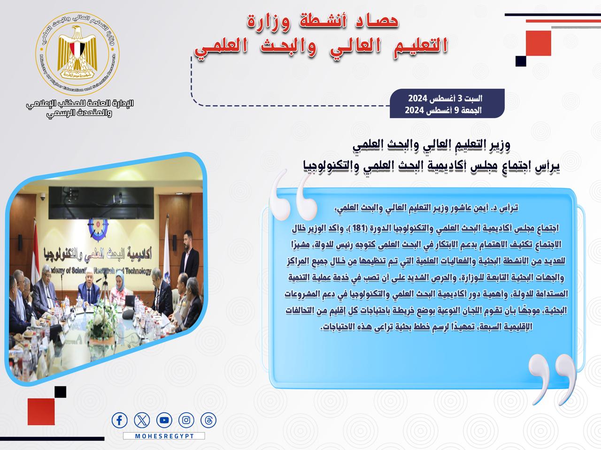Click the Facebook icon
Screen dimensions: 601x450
(119, 420)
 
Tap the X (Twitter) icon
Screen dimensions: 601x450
(142, 420)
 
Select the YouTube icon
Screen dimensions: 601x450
(164, 420)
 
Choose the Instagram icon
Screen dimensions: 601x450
(186, 420)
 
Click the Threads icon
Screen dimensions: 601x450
(208, 420)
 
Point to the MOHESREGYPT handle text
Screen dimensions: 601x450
(164, 436)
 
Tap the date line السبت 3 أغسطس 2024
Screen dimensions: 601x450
(445, 98)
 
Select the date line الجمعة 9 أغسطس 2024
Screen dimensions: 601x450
(443, 110)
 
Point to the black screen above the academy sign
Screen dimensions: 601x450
(101, 202)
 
